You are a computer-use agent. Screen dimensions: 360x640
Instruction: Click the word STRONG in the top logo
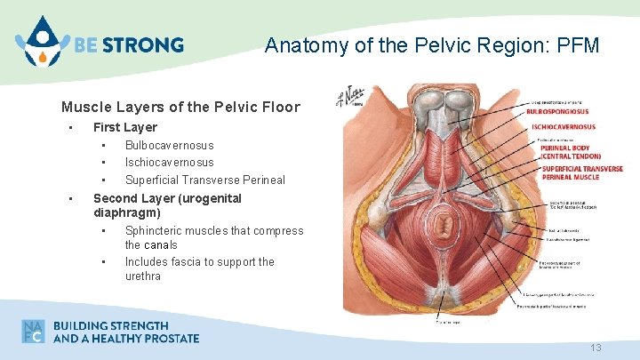149,44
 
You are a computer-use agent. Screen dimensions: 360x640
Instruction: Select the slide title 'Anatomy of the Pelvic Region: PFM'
432,44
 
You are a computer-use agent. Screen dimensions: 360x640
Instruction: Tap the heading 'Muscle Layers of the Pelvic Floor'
180,108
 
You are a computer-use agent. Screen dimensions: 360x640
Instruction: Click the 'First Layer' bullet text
125,127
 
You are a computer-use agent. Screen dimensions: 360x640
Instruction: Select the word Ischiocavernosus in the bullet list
169,163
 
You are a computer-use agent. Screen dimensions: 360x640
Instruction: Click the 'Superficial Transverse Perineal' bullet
204,180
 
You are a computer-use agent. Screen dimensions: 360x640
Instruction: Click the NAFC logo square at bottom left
33,331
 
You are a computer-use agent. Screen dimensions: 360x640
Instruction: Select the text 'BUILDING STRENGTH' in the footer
110,324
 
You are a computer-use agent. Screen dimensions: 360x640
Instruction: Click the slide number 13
596,348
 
